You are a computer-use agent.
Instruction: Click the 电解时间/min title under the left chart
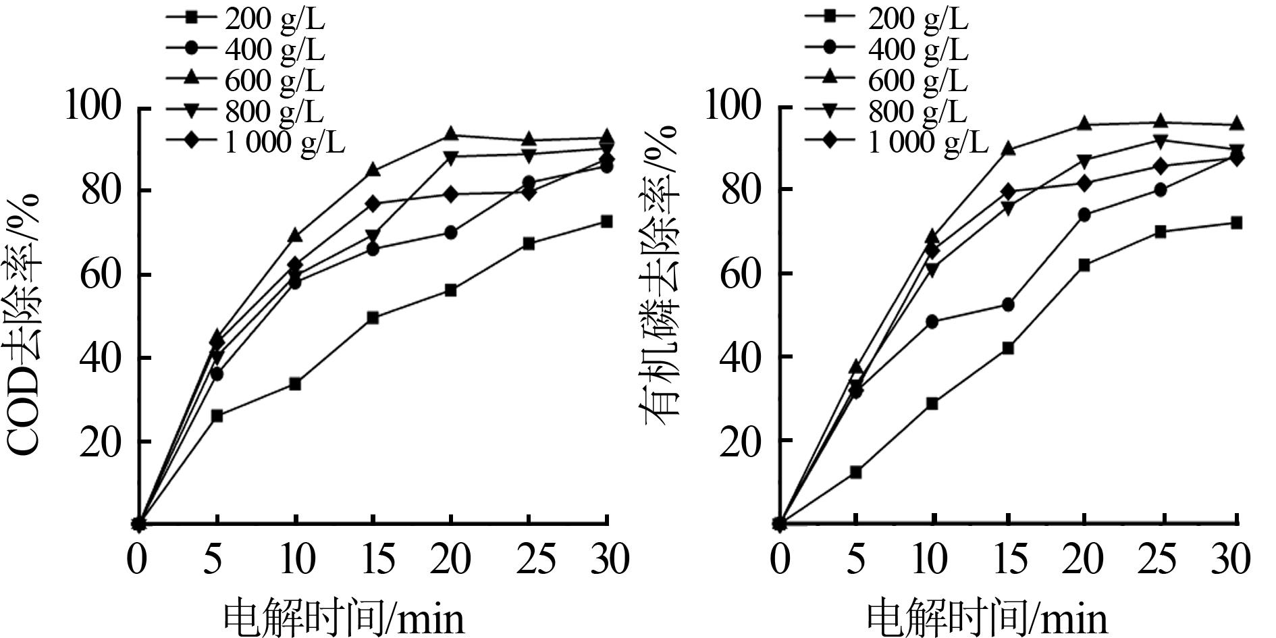click(344, 616)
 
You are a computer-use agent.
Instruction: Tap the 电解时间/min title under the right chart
click(986, 616)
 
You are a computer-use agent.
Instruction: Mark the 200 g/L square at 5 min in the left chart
click(217, 416)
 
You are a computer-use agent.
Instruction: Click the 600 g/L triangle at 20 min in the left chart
click(450, 135)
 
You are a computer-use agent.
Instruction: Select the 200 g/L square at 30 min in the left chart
click(606, 221)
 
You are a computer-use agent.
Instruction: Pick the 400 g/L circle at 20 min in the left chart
click(450, 233)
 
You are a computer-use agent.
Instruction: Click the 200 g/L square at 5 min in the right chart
click(855, 473)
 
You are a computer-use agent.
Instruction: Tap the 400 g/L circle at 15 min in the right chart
click(1008, 305)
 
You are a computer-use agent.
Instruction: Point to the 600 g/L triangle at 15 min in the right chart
click(1008, 149)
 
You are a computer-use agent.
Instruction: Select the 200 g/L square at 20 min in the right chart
click(1084, 265)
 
